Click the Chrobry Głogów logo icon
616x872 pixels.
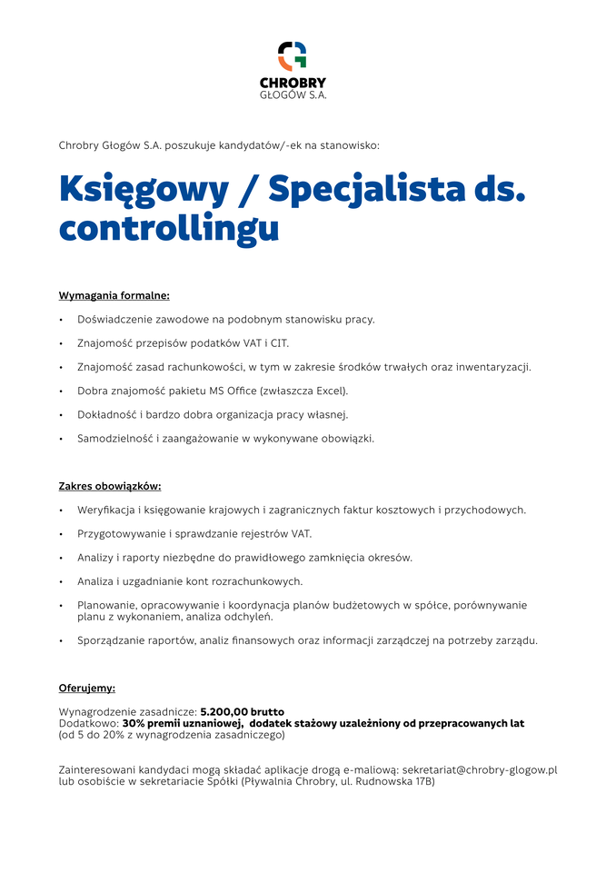pyautogui.click(x=292, y=55)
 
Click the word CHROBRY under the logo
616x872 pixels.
pyautogui.click(x=293, y=83)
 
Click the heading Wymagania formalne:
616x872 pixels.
pyautogui.click(x=114, y=295)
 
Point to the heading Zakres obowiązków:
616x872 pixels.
pyautogui.click(x=110, y=486)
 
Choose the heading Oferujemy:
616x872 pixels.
pyautogui.click(x=87, y=688)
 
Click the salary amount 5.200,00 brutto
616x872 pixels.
pyautogui.click(x=242, y=711)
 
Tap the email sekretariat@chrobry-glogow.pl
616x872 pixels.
pyautogui.click(x=479, y=769)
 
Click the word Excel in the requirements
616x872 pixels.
pyautogui.click(x=329, y=391)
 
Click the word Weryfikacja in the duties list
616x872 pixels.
pyautogui.click(x=105, y=510)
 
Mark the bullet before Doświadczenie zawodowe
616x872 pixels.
pyautogui.click(x=61, y=320)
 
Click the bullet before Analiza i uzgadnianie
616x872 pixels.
pyautogui.click(x=61, y=581)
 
